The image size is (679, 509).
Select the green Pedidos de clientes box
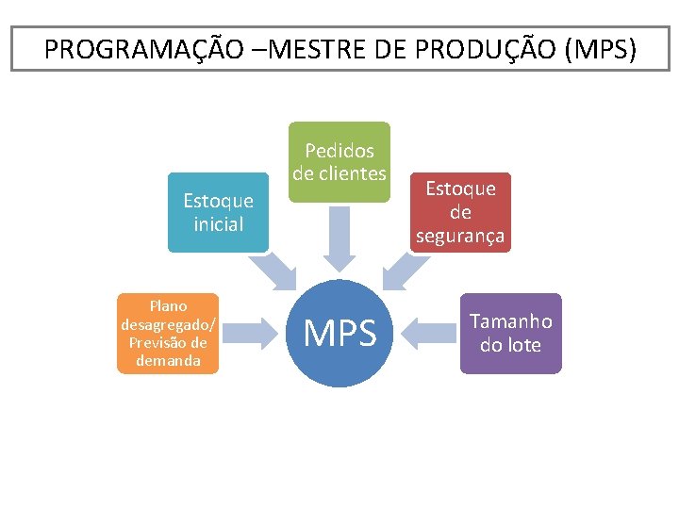point(339,162)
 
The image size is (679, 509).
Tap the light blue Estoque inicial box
point(218,212)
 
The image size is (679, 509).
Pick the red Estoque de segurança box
point(461,212)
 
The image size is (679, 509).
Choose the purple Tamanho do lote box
point(510,333)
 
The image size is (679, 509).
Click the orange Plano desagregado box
point(168,333)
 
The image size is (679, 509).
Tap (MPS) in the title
point(600,49)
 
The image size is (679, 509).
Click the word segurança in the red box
point(461,236)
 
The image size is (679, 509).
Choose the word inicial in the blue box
point(218,224)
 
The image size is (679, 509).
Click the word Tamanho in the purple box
point(511,321)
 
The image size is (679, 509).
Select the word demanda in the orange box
point(168,361)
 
